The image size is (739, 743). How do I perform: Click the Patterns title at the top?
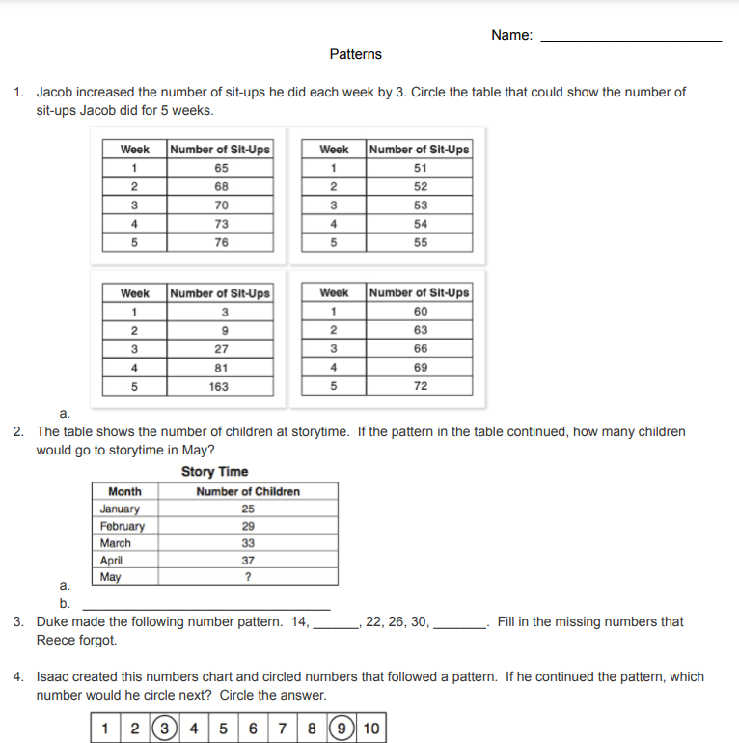(x=355, y=54)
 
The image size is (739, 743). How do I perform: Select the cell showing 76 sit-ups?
(x=221, y=242)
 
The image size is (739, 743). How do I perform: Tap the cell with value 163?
(x=221, y=386)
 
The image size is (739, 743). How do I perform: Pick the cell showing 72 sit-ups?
(x=420, y=386)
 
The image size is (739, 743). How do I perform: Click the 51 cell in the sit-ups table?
(x=420, y=168)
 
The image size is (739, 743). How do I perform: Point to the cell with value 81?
(x=221, y=368)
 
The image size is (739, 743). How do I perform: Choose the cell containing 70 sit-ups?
(x=221, y=206)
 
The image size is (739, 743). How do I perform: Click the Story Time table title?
(x=214, y=472)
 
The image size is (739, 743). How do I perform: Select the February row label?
(x=123, y=527)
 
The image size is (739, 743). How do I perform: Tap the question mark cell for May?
(x=248, y=578)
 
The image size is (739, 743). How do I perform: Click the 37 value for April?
(x=248, y=561)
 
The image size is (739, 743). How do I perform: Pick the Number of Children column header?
(x=248, y=492)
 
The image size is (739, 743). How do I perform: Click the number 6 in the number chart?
(x=252, y=729)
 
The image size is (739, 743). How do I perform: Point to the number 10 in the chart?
(x=372, y=729)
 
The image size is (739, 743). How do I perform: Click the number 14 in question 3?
(x=299, y=622)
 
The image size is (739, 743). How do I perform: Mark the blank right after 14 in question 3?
(x=336, y=625)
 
